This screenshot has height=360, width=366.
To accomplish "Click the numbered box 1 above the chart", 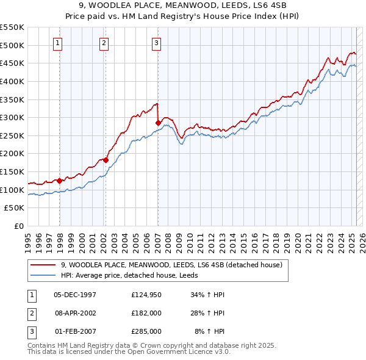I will point(57,43).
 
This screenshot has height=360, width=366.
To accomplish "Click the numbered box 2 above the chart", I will point(104,43).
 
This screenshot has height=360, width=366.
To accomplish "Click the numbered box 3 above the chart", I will point(157,43).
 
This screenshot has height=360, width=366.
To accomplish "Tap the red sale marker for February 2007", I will point(158,123).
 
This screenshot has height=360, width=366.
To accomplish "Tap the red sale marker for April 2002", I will point(106,160).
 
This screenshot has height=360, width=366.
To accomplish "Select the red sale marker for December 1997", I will point(59,181).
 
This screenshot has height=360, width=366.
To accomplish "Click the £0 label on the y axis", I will point(19,226).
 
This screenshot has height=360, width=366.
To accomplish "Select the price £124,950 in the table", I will point(146,295).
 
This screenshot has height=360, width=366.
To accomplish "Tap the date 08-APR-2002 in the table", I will point(75,313).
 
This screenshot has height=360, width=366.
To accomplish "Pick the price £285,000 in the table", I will point(146,331).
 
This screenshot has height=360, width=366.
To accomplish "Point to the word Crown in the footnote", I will point(150,345).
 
